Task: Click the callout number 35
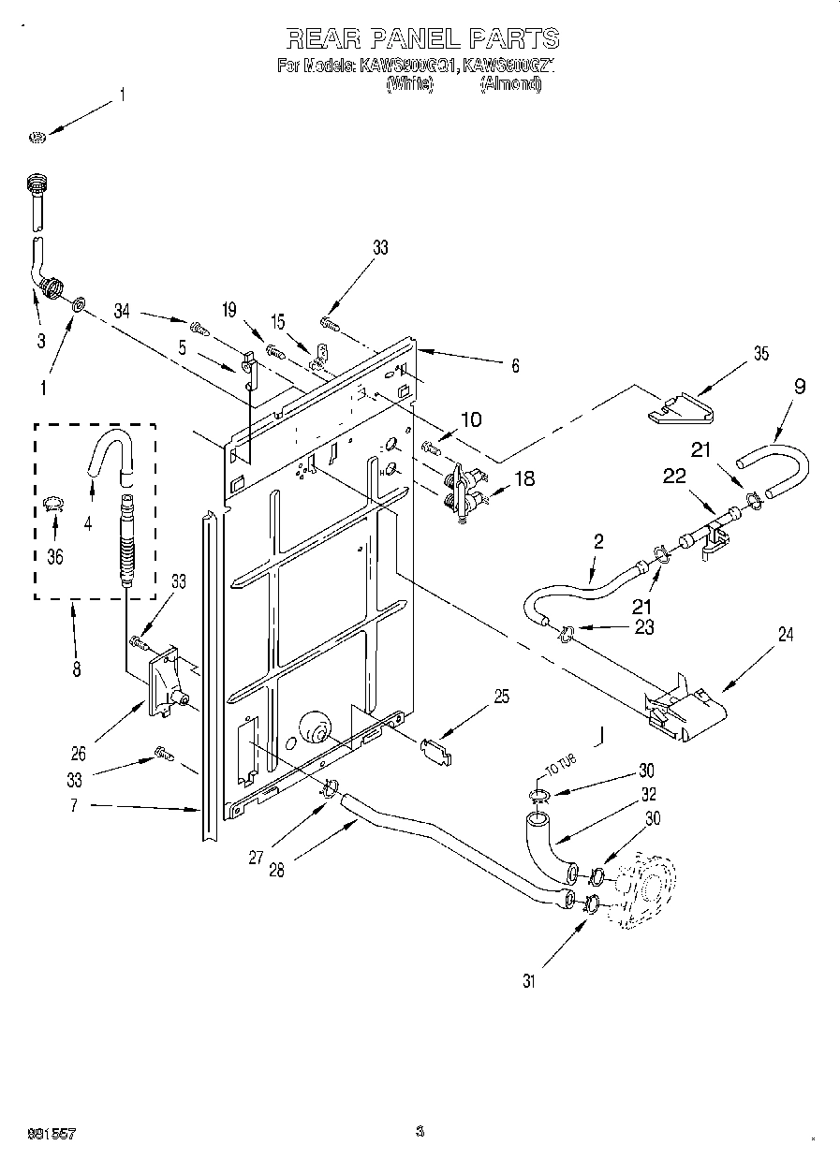point(760,354)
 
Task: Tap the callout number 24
point(785,635)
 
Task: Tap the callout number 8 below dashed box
point(76,668)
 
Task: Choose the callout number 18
point(524,478)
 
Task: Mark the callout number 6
point(513,367)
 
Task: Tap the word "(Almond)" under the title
point(510,84)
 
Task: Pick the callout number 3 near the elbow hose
point(40,341)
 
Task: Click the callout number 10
point(471,419)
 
